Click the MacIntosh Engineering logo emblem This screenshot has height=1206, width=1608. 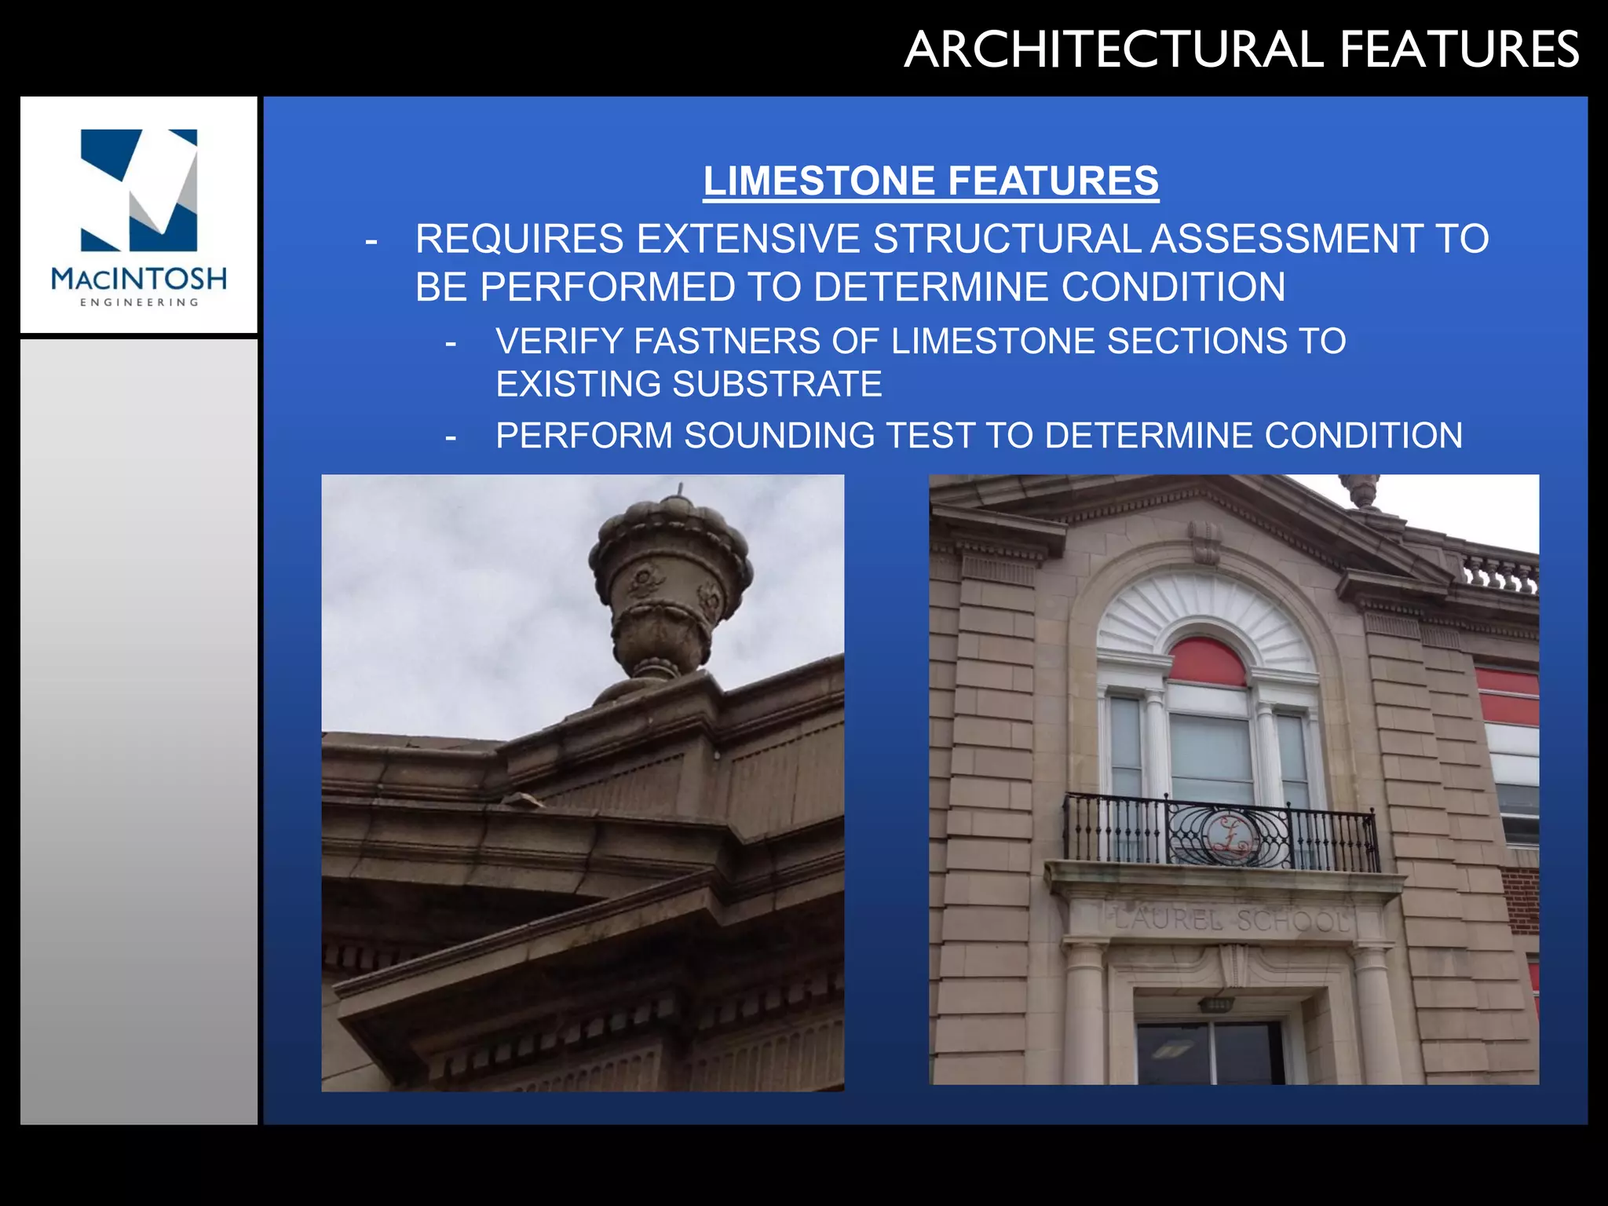click(x=139, y=190)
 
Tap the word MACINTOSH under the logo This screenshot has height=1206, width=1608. click(x=139, y=279)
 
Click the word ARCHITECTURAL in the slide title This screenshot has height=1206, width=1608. click(x=1114, y=49)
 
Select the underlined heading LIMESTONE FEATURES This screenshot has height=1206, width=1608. click(x=930, y=181)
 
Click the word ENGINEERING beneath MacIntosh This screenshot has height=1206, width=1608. click(x=139, y=302)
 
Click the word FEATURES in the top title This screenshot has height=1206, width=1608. click(x=1460, y=49)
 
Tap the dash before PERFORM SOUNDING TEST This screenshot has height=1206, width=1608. click(x=451, y=437)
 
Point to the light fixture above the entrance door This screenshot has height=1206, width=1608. click(x=1215, y=1004)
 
